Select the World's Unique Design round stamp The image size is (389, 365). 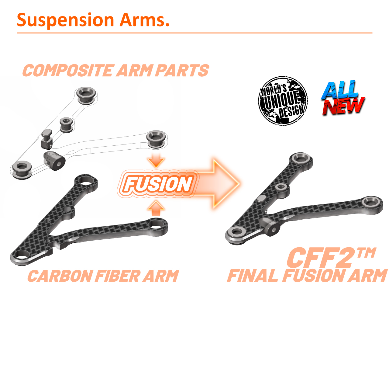pyautogui.click(x=283, y=101)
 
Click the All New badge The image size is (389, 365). pyautogui.click(x=343, y=98)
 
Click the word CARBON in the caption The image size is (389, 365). pyautogui.click(x=60, y=276)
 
